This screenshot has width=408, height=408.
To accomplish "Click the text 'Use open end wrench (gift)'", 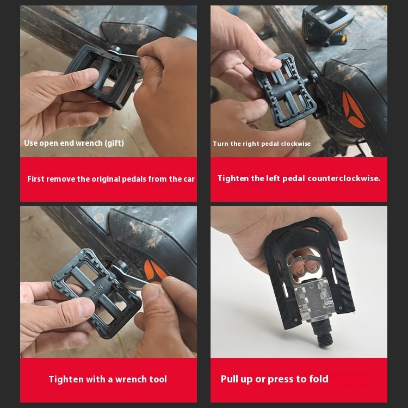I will click(74, 143).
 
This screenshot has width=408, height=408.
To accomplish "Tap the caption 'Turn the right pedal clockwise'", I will click(262, 144).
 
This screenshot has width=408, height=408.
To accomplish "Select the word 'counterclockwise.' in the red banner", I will click(344, 178).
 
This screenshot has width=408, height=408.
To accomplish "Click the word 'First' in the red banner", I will click(36, 179).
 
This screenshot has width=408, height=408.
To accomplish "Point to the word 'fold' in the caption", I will click(318, 379).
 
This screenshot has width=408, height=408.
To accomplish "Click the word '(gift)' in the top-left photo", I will click(114, 143).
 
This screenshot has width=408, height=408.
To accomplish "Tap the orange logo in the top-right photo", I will click(353, 109).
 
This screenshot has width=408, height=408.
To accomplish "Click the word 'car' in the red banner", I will click(188, 179).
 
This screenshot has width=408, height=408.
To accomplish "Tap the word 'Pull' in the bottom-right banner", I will click(231, 379).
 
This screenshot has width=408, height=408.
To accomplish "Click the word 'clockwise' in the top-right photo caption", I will click(293, 144).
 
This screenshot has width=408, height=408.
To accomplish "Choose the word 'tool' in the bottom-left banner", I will click(157, 379).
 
